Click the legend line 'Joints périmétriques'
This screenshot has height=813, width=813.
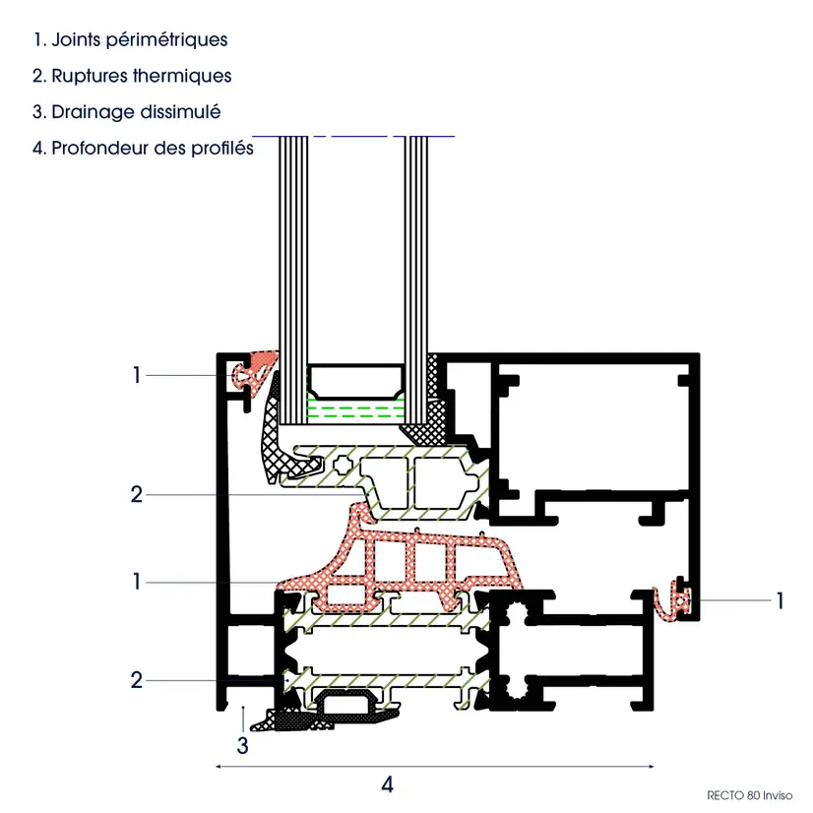point(130,40)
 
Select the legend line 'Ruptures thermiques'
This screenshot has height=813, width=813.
point(132,76)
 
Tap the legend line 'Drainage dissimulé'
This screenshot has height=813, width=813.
point(127,112)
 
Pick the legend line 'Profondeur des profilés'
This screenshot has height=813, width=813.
point(143,149)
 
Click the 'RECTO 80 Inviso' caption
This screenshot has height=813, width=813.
point(749,795)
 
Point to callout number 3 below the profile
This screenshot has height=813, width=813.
point(243,746)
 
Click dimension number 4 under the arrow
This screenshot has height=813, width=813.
point(388,784)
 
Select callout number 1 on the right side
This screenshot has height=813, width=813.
point(780,601)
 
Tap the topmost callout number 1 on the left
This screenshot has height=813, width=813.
point(137,375)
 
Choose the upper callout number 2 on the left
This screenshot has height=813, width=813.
point(137,495)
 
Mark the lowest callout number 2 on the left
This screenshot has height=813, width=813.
point(137,680)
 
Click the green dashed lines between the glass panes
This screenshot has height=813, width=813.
point(355,408)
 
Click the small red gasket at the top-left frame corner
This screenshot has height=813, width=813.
point(255,372)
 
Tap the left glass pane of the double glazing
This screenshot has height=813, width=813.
point(293,280)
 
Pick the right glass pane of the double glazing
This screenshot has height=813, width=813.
point(416,280)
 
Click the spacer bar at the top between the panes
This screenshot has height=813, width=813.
point(355,382)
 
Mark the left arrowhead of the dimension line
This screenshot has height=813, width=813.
point(219,766)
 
